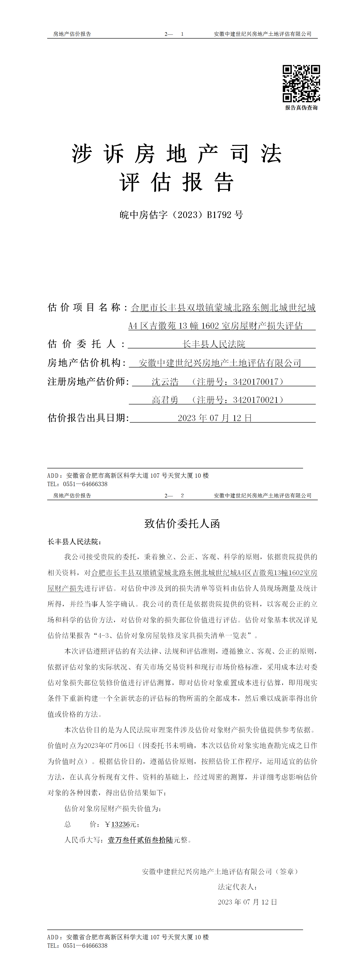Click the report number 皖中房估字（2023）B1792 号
coord(181,215)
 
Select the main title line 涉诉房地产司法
coord(177,154)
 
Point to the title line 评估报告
coord(177,182)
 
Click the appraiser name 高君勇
coord(165,400)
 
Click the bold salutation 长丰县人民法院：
coord(74,542)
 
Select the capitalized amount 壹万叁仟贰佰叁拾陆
coord(140,840)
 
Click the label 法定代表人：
coord(238,887)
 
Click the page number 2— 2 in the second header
coord(174,496)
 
